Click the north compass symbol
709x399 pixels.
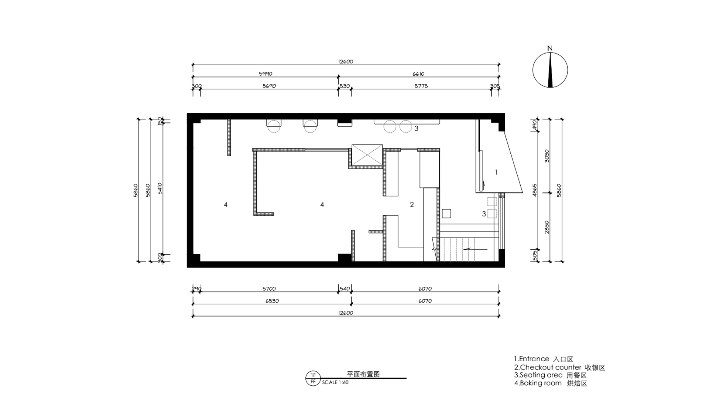[x=550, y=70]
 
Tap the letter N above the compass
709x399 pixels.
[x=550, y=48]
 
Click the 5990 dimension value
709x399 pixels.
[x=266, y=74]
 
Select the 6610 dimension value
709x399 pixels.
[x=418, y=74]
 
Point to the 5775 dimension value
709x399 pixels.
[x=421, y=86]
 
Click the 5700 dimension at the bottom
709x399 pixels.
[x=269, y=289]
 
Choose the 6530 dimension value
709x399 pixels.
[x=272, y=301]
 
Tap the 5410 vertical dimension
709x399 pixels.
[x=160, y=188]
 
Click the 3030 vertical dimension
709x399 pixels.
[x=547, y=156]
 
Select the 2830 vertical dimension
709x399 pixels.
[x=547, y=227]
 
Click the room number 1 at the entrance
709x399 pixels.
[x=496, y=172]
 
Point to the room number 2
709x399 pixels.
[x=412, y=205]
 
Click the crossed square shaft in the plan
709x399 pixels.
[x=367, y=155]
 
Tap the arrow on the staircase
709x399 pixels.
[x=476, y=249]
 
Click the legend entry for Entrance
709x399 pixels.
[x=544, y=359]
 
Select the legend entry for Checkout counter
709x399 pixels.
[x=559, y=368]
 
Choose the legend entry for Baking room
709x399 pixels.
[x=551, y=383]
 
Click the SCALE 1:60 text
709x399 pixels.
[x=335, y=383]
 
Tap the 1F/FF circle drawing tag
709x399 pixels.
[x=313, y=378]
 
